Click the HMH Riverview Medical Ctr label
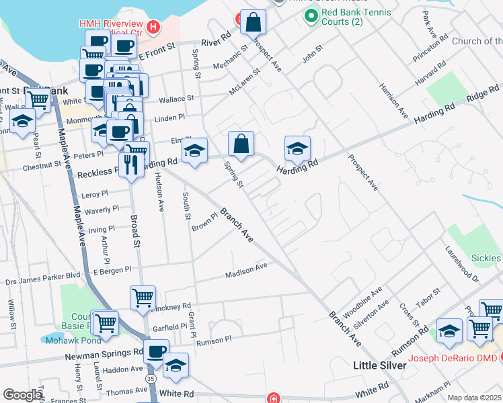coord(111,28)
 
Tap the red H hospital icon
coord(154,28)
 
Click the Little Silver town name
coord(380,365)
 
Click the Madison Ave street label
coord(246,269)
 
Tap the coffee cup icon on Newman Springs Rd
coord(157,351)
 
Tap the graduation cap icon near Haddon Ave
coord(176,365)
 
